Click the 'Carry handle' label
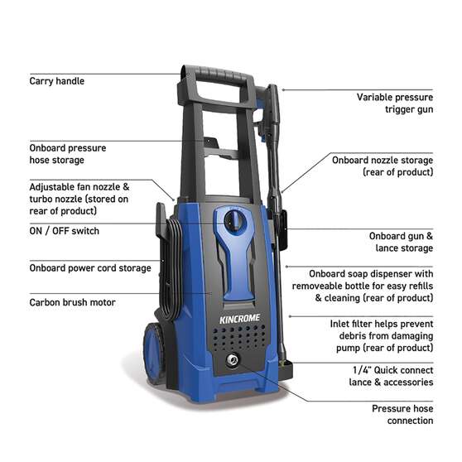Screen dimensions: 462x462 pos(56,81)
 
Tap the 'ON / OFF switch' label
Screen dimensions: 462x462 pos(64,231)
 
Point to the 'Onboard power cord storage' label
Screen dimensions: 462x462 pos(89,267)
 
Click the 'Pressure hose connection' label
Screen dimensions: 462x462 pos(402,414)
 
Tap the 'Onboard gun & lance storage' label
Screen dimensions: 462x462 pos(401,242)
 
